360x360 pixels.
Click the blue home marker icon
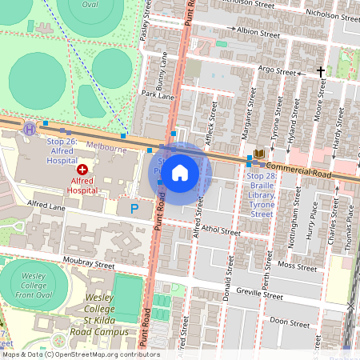(180, 173)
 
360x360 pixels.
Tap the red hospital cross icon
(82, 170)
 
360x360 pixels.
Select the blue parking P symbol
(134, 209)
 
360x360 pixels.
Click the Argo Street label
(278, 71)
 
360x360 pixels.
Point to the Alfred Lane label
(46, 206)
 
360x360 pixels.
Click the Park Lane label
(158, 95)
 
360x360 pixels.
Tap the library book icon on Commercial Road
(259, 153)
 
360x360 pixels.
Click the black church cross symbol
(321, 72)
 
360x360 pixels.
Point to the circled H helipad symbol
(30, 128)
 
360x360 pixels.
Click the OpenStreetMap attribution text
(80, 354)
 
